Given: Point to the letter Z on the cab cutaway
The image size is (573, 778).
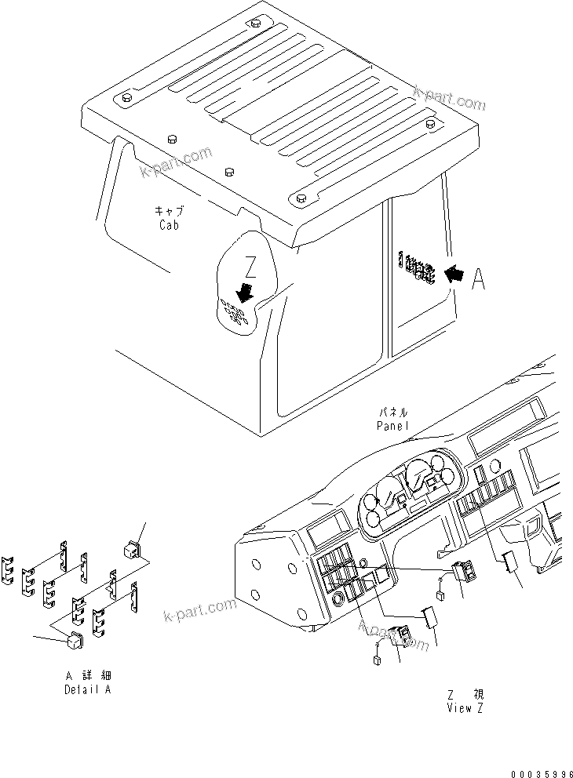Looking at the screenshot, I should pos(250,268).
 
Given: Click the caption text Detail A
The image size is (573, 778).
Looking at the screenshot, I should pos(88,689).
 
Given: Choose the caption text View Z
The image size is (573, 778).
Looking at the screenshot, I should pos(465,708).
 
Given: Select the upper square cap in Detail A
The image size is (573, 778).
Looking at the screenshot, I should pos(132,547).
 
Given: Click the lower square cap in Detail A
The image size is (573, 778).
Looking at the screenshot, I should pos(75,642).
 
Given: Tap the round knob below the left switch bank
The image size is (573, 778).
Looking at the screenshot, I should pos(338,602).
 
